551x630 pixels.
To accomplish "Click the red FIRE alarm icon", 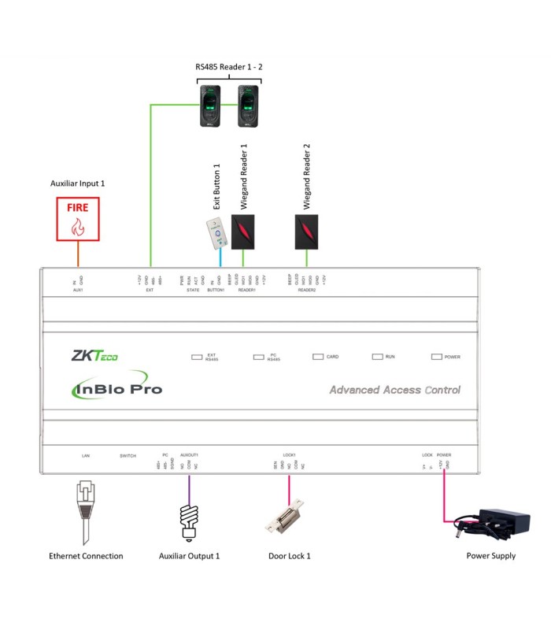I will click(x=77, y=219).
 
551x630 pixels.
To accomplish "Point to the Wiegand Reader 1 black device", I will click(x=243, y=228).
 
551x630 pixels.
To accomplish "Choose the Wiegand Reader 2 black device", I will click(x=307, y=228).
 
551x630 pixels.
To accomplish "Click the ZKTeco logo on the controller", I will click(x=95, y=357).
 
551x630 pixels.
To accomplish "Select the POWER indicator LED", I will click(x=437, y=357).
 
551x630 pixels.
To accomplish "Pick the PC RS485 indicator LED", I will click(x=258, y=357).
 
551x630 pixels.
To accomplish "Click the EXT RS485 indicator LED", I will click(x=197, y=357).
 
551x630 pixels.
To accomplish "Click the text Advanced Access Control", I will click(x=394, y=390).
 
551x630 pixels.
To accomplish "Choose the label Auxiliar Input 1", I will click(x=77, y=183).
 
